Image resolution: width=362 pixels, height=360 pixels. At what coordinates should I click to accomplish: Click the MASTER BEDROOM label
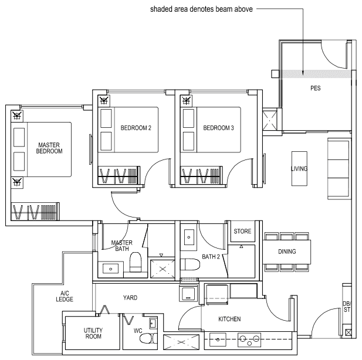tap(50, 148)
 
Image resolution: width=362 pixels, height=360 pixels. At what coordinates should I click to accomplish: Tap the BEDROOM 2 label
tap(136, 128)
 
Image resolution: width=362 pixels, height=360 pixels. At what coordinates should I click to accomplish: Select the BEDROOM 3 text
tap(218, 128)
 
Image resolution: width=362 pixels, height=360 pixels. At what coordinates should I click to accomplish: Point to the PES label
tap(316, 89)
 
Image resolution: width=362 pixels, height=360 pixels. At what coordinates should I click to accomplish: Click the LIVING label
tap(299, 169)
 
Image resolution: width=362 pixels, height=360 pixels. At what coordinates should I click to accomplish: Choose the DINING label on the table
tap(287, 252)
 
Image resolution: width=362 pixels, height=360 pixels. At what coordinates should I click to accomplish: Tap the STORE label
tap(242, 232)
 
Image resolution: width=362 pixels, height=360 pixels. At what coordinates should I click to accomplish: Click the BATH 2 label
tap(211, 256)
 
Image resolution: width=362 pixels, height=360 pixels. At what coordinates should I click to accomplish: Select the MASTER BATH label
tap(121, 246)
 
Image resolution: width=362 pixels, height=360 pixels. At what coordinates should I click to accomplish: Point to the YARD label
tap(130, 298)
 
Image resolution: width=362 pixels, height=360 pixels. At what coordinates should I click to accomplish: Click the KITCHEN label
tap(229, 319)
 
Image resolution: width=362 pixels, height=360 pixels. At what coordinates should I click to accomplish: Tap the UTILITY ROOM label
tap(93, 333)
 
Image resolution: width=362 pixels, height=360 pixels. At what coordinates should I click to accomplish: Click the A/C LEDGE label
tap(65, 297)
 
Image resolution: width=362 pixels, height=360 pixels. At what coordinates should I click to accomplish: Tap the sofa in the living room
tap(339, 169)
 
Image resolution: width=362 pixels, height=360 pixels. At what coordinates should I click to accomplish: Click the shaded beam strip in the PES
tap(317, 74)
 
